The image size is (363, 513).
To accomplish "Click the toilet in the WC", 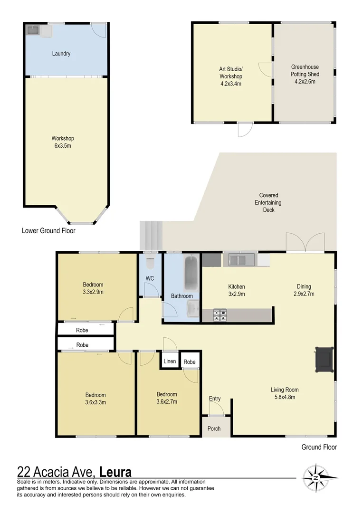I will point(150,263).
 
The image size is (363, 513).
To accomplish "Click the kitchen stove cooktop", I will point(220,315).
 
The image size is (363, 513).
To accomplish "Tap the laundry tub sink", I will point(33,31).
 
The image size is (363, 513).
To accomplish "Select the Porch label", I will point(214,428).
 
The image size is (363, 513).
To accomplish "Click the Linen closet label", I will point(170,361).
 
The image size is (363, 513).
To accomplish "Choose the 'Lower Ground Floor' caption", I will point(48,231).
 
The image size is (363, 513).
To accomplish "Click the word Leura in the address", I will point(116,472).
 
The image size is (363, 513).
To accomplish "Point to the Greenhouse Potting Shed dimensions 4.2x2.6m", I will point(305,81).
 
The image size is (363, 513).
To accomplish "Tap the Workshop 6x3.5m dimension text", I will point(63,146).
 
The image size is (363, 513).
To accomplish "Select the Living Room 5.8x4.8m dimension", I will point(285,397).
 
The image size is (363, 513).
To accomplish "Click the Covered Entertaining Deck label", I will point(268,202).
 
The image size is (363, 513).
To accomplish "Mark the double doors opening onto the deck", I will point(306,243).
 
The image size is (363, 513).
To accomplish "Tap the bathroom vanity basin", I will point(192,310).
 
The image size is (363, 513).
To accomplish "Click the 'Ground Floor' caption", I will point(319,447).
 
